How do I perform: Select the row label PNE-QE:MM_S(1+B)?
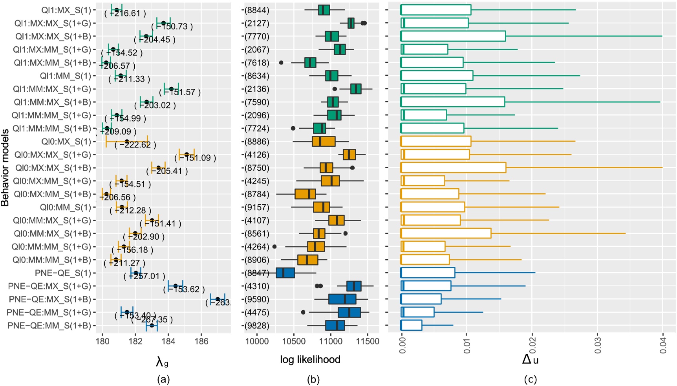(49, 326)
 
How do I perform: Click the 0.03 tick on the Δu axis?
(598, 345)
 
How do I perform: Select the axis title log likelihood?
(310, 359)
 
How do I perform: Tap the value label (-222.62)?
(135, 145)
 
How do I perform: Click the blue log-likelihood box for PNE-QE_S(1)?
(285, 273)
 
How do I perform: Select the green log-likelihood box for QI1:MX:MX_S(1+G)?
(351, 24)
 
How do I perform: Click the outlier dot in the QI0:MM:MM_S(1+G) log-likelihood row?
(274, 247)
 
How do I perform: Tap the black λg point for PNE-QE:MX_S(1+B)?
(218, 299)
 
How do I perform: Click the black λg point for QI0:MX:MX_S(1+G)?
(187, 155)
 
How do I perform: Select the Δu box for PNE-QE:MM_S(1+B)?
(411, 326)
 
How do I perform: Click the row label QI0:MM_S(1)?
(65, 207)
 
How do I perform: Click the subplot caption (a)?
(163, 379)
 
